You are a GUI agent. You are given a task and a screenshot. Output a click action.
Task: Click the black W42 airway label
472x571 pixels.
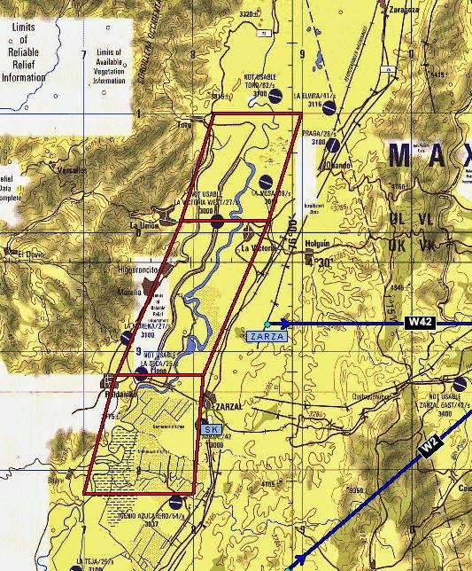(421, 324)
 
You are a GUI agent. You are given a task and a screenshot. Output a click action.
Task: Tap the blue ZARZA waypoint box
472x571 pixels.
(267, 337)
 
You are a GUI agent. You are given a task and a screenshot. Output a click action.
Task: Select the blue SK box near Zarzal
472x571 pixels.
(211, 429)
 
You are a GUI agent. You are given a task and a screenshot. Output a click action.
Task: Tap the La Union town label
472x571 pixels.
(143, 225)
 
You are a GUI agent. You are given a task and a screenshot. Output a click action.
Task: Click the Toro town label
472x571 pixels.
(184, 125)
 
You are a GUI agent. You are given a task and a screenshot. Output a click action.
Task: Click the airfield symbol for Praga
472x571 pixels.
(333, 145)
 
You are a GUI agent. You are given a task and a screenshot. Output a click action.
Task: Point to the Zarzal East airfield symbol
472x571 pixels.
(460, 383)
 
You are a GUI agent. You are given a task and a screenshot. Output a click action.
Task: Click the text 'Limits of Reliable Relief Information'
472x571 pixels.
(24, 52)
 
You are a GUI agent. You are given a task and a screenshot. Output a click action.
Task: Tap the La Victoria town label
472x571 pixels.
(258, 249)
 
